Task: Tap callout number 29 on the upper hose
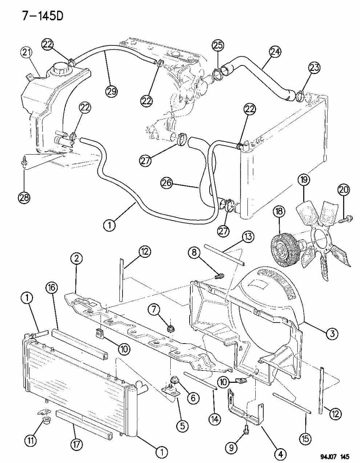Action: click(x=112, y=91)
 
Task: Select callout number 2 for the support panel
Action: click(x=77, y=259)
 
